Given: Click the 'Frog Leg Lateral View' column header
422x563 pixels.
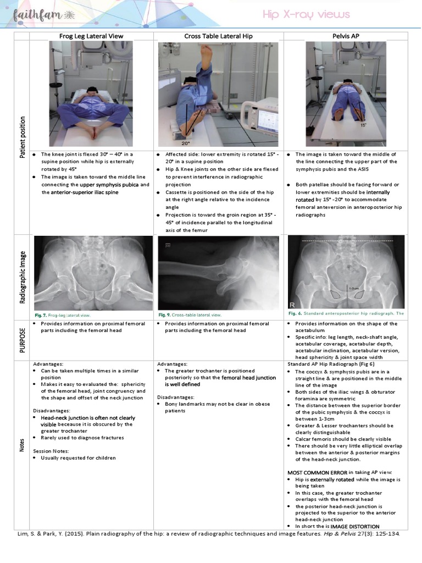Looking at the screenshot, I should (x=91, y=36).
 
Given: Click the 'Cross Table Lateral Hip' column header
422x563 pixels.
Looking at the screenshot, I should (x=219, y=36).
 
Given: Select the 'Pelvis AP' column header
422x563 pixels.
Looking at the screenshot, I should (x=346, y=36).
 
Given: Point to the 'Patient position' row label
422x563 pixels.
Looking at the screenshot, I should (x=22, y=137).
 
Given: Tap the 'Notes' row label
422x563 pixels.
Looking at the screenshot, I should (x=22, y=445).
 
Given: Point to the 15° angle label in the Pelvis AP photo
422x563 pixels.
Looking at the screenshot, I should (x=363, y=125).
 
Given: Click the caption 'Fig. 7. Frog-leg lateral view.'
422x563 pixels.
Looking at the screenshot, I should (x=62, y=316).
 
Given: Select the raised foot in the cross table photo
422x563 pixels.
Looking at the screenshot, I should (x=206, y=54).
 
